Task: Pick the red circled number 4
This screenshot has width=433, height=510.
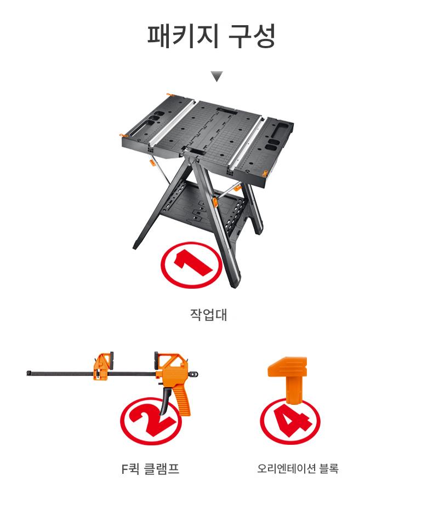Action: click(x=290, y=422)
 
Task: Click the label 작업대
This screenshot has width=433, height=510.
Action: click(x=208, y=315)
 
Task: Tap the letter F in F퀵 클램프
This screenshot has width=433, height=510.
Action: click(x=124, y=469)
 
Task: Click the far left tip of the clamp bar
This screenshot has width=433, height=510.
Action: click(x=28, y=373)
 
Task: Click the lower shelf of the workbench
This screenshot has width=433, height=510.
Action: click(x=202, y=208)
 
